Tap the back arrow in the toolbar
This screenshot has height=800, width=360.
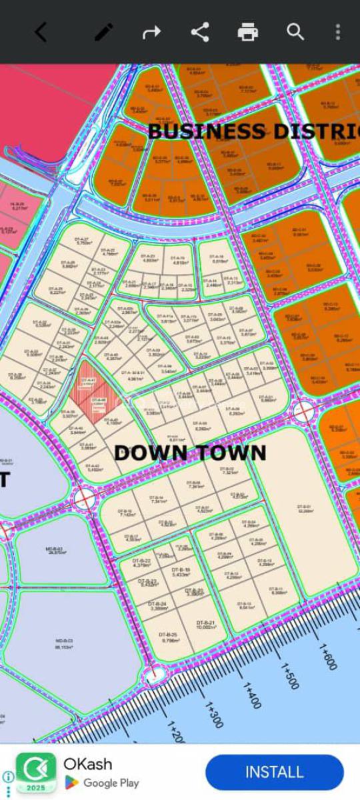click(x=41, y=31)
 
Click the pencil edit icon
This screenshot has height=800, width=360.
click(x=103, y=31)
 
